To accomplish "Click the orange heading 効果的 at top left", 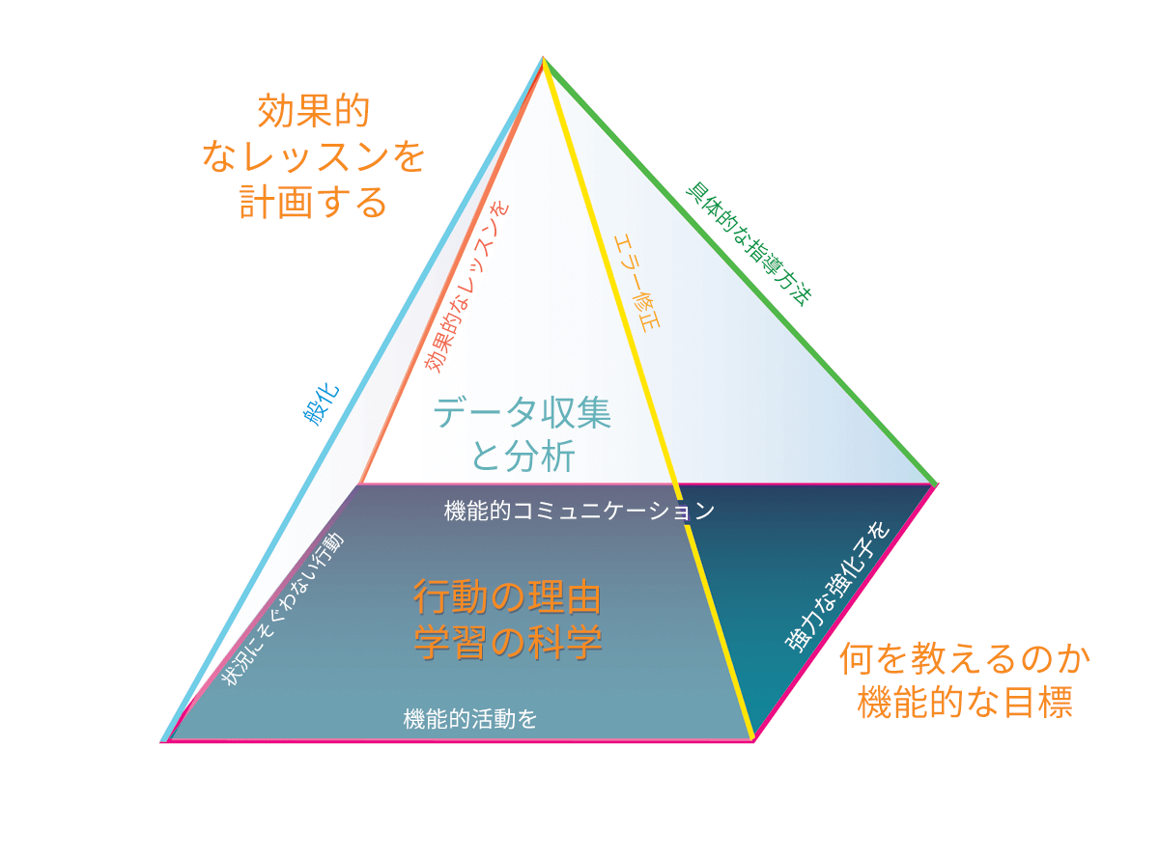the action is [313, 111].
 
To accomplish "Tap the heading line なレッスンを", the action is [313, 156].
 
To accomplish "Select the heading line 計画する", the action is [313, 202].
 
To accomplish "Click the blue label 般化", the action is [321, 405].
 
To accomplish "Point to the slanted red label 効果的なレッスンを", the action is [466, 288].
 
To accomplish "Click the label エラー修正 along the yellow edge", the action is [636, 283].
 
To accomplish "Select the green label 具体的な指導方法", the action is [749, 244].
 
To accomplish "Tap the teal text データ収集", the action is [522, 412].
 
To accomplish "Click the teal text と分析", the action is [523, 456].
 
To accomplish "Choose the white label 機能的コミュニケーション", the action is [579, 511].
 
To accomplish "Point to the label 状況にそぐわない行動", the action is [283, 609].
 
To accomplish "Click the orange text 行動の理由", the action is [507, 596].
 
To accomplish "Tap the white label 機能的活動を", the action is [469, 719].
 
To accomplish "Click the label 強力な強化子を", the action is [837, 587].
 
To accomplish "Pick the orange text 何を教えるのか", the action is [965, 659].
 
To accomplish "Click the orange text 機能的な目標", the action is [965, 703].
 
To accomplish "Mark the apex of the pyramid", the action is [543, 57].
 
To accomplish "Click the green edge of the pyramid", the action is [739, 270].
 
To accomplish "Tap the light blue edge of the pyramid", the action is [353, 399].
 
